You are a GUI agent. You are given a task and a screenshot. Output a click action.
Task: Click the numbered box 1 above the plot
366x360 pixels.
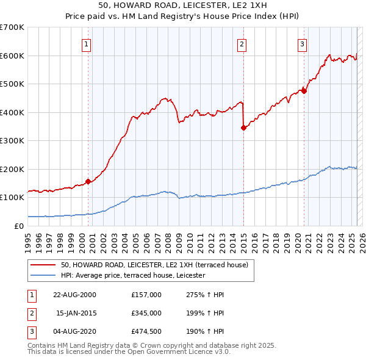(x=87, y=43)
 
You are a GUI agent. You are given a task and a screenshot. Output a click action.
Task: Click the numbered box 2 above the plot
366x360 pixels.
(x=242, y=43)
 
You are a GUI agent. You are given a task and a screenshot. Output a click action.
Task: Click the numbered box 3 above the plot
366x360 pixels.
(x=302, y=43)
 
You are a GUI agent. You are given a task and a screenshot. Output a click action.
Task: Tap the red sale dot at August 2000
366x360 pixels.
(x=88, y=181)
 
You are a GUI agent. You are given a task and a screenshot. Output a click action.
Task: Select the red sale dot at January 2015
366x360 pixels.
(x=243, y=128)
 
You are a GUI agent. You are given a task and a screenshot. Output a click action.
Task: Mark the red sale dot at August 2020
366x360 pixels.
(x=304, y=92)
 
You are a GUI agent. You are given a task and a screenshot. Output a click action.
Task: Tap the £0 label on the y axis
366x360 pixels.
(x=19, y=226)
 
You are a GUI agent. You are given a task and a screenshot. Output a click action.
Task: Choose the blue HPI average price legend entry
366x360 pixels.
(x=133, y=276)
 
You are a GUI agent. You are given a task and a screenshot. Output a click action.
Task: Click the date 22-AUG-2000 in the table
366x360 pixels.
(x=75, y=295)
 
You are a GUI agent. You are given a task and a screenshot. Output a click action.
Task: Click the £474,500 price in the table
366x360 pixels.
(x=146, y=331)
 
